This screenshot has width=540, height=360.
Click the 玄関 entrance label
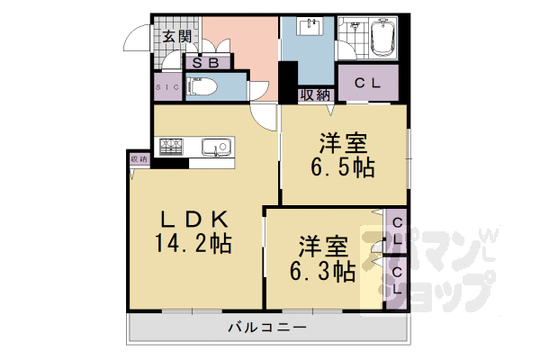(177, 37)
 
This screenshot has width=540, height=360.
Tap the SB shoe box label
(206, 64)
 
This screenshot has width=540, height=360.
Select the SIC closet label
(168, 86)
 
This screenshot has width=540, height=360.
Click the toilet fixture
(202, 87)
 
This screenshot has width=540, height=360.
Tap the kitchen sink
(217, 147)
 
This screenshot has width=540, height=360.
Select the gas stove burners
(172, 147)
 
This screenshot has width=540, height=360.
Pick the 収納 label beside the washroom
(315, 94)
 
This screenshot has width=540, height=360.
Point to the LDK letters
(198, 218)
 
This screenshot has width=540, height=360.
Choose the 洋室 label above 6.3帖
(324, 246)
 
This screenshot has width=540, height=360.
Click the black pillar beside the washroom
(289, 83)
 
